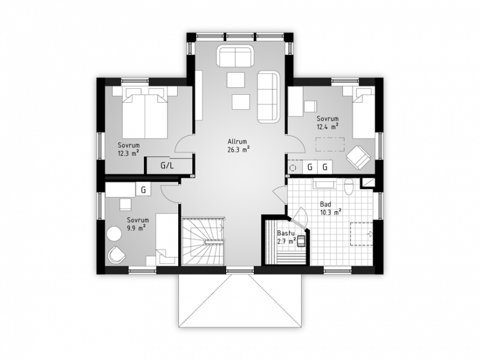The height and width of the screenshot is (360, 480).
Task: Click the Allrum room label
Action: tap(237, 142)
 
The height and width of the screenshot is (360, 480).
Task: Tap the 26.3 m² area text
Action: tap(238, 149)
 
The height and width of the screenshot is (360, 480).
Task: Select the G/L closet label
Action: tap(167, 166)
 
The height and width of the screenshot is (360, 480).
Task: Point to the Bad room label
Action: tap(325, 204)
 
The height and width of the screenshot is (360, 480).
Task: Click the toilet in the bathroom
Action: tap(349, 187)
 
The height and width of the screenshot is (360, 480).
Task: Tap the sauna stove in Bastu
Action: tap(302, 241)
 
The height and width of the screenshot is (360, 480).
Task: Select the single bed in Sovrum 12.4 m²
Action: tap(363, 112)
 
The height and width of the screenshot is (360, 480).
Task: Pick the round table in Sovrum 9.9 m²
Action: tap(114, 234)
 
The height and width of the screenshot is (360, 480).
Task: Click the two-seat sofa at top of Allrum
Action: tap(235, 56)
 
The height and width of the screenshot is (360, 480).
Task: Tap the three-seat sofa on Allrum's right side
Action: tap(268, 97)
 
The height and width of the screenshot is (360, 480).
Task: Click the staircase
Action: tap(203, 241)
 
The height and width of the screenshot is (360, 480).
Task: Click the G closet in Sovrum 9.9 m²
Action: tap(143, 190)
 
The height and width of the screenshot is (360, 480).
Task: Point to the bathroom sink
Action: tap(325, 184)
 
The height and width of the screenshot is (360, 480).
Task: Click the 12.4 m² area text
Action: tap(327, 126)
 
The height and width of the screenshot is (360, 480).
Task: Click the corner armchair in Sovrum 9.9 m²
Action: tap(116, 254)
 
